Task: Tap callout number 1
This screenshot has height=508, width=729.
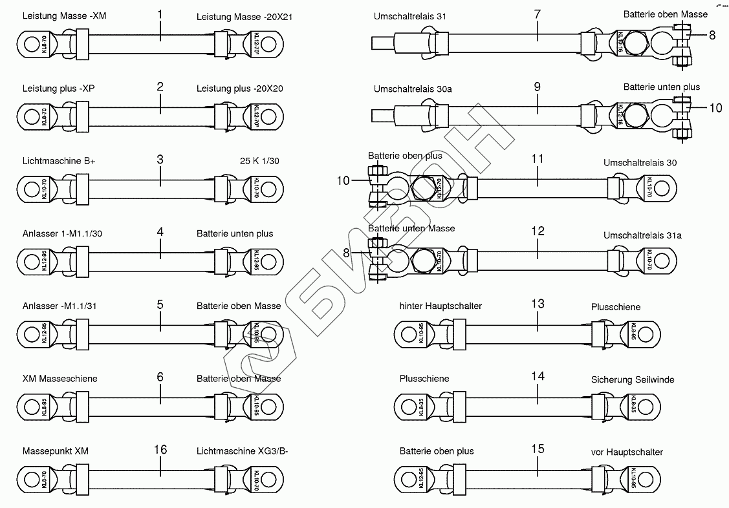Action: (160, 14)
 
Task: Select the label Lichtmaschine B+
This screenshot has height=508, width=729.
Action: (58, 161)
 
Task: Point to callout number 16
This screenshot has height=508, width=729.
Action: (160, 450)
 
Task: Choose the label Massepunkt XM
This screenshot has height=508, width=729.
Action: (55, 450)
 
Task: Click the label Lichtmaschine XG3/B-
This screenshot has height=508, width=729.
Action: (242, 450)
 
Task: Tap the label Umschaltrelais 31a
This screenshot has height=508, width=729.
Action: (642, 235)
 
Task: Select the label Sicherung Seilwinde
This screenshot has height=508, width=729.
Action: (633, 379)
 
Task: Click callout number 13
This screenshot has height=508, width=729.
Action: (538, 304)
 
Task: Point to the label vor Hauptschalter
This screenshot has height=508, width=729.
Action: (627, 452)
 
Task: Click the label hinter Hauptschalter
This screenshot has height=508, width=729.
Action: (441, 306)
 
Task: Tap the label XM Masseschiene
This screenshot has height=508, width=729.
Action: (60, 378)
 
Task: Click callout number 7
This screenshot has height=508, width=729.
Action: (538, 14)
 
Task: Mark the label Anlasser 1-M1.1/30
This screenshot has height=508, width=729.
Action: (61, 233)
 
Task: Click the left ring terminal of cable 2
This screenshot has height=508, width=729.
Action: (29, 118)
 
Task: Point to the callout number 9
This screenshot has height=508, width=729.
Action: (538, 87)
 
